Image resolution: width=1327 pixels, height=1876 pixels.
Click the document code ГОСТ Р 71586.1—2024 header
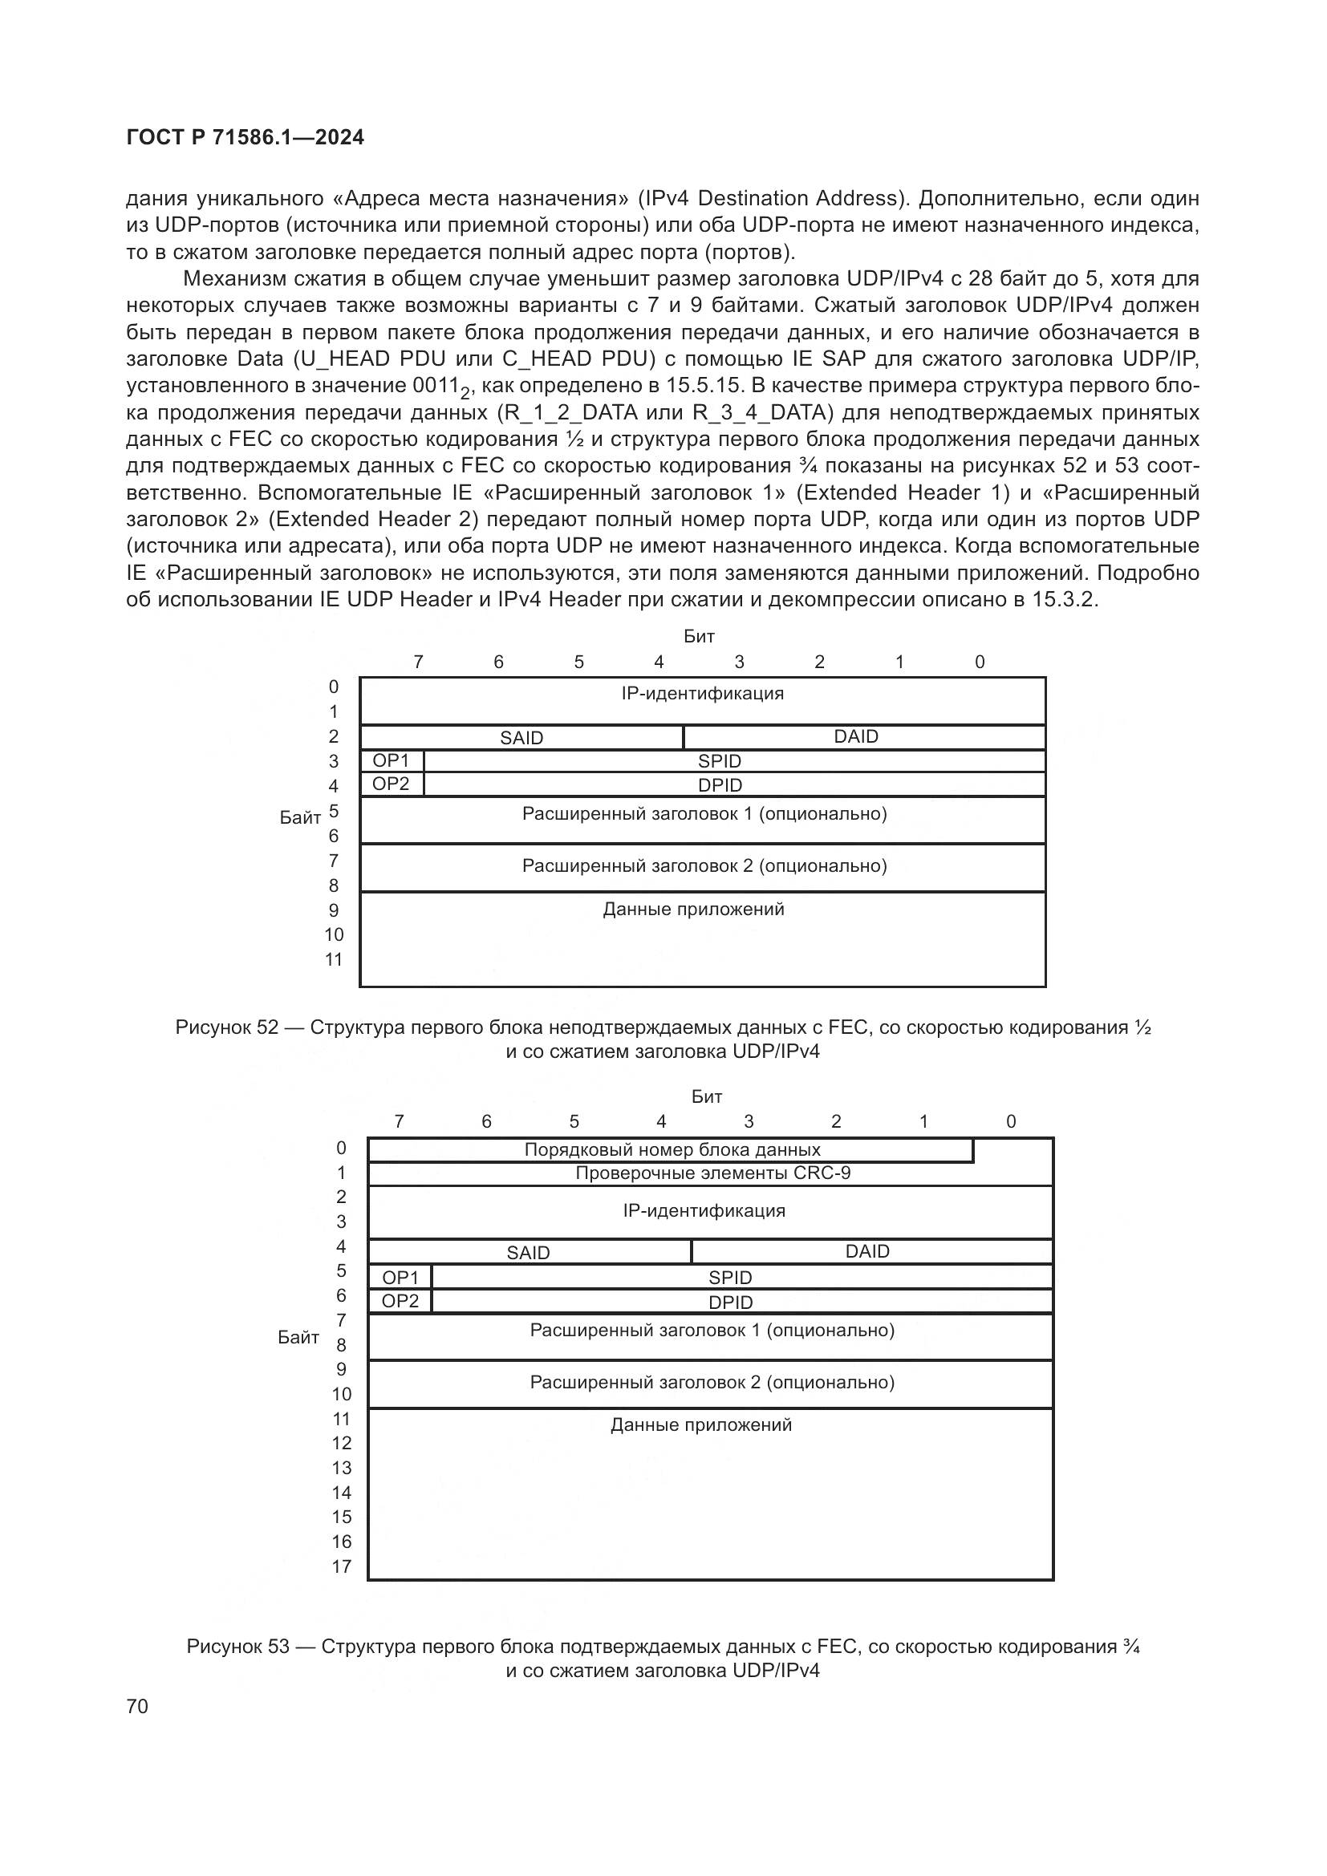[x=246, y=137]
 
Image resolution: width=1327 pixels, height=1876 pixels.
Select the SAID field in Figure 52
[x=521, y=738]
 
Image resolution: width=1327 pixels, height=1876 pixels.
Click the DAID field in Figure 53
[x=867, y=1251]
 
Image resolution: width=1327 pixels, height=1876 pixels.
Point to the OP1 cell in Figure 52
[x=391, y=760]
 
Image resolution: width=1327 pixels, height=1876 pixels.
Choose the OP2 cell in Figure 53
[x=400, y=1301]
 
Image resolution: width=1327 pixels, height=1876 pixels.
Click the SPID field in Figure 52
[x=719, y=761]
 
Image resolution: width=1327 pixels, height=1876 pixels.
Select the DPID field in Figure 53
[x=731, y=1303]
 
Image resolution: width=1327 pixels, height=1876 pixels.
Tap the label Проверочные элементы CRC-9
[x=712, y=1173]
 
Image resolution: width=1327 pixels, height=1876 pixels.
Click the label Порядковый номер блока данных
[x=672, y=1149]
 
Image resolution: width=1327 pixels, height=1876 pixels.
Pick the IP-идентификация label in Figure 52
[x=702, y=694]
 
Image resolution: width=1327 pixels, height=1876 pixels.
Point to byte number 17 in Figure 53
[x=342, y=1566]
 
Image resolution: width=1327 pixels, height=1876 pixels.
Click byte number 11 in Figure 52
[x=334, y=959]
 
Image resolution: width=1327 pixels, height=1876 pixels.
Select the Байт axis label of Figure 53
[x=298, y=1338]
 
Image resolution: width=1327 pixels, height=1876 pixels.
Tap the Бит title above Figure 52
[x=700, y=636]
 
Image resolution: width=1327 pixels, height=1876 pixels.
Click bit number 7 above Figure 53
[x=399, y=1121]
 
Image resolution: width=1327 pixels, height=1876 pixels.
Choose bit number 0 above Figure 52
[x=980, y=662]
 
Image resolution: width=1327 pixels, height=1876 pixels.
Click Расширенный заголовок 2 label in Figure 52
[x=704, y=865]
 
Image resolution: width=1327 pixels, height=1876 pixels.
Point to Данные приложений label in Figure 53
[x=701, y=1425]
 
